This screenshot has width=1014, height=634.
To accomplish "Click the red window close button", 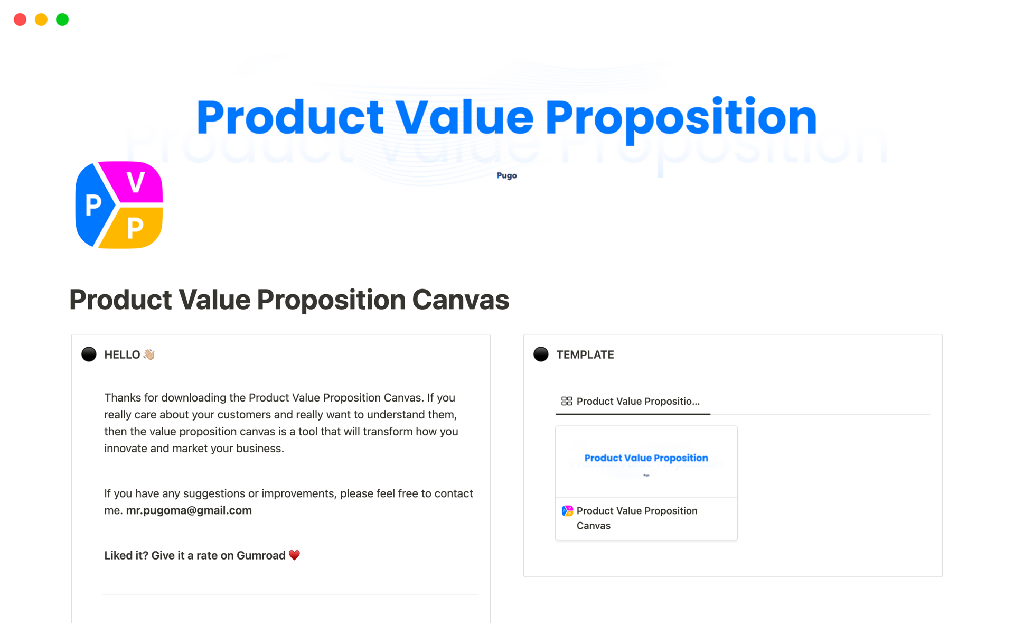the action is tap(20, 20).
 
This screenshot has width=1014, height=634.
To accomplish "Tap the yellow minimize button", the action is tap(41, 20).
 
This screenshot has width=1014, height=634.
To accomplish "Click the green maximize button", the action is tap(62, 20).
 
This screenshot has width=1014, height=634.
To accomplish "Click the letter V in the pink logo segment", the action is tap(136, 183).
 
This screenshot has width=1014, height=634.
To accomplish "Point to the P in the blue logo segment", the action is tap(93, 205).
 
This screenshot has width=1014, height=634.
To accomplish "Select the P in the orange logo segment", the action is tap(135, 228).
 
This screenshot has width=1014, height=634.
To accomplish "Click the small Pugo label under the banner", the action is tap(506, 175).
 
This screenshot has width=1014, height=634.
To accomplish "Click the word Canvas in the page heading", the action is tap(461, 300).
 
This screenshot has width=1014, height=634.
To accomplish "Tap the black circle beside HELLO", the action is tap(89, 354).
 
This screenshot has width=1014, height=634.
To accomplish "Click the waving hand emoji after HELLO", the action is tap(149, 355).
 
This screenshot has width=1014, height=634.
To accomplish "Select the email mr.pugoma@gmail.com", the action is tap(189, 510).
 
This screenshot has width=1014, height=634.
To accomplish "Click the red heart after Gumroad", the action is tap(294, 555).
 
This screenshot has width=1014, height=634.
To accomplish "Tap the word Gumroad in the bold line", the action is tap(261, 555).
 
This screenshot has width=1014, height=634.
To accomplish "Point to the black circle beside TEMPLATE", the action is tap(541, 354).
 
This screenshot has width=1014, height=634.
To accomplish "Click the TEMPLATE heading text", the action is tap(585, 355).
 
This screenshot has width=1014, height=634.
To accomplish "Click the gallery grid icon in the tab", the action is tap(567, 401).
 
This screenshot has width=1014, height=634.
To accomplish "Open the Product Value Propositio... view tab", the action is tap(633, 402).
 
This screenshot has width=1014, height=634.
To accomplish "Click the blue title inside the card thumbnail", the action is tap(646, 458).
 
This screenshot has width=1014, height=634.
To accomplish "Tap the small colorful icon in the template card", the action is tap(567, 511).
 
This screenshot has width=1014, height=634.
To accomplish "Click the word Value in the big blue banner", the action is tap(465, 117).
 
